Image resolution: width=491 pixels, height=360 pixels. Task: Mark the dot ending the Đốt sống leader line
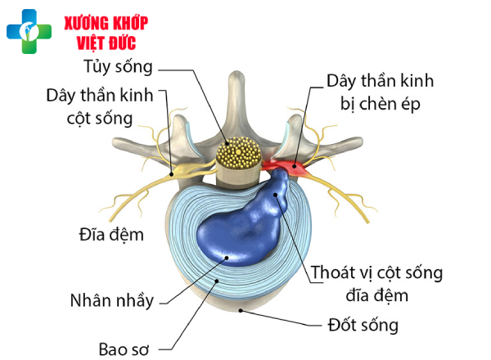point(239,310)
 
